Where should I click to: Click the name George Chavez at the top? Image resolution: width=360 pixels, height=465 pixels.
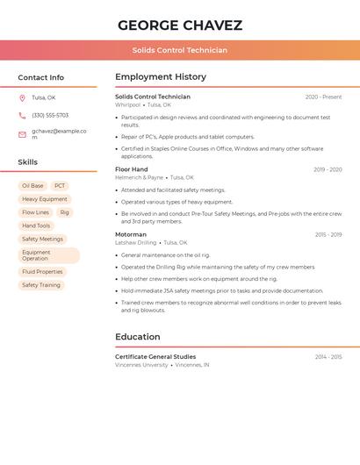180,25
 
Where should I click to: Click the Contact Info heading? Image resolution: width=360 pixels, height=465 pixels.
41,77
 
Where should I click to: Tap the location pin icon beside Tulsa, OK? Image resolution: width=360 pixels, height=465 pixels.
22,98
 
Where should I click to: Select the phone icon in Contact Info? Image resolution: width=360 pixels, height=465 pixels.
22,116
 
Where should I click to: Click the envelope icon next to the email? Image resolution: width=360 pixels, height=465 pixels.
22,134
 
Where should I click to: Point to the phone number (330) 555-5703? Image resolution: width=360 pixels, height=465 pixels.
50,116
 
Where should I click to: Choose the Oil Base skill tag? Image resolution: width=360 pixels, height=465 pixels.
32,186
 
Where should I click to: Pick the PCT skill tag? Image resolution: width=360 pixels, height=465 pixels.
60,186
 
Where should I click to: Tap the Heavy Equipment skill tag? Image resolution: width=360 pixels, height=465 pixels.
45,199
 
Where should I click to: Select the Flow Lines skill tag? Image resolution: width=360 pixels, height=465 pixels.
36,212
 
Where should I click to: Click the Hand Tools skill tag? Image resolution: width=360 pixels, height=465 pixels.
36,225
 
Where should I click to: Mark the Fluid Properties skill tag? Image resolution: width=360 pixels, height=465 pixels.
42,272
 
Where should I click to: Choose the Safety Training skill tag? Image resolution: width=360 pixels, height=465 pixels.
41,285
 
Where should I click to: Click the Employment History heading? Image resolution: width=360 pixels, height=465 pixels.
161,77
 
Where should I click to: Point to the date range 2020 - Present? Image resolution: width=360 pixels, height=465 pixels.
323,97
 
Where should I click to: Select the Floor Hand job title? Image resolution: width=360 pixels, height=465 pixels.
132,169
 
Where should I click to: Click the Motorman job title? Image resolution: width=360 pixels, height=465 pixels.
131,234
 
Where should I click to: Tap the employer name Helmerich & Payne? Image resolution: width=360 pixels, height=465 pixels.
140,177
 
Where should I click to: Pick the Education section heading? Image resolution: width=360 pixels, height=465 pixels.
138,337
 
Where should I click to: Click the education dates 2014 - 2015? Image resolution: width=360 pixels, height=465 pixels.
328,357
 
